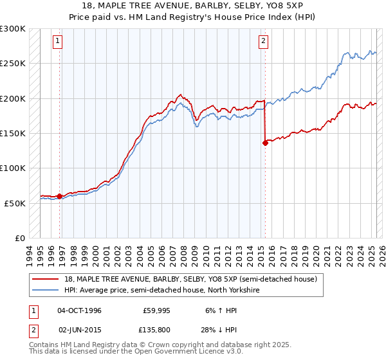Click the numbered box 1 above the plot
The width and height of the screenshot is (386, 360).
(58, 41)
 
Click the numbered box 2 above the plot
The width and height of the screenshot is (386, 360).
(264, 41)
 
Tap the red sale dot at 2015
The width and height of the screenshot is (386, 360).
(265, 143)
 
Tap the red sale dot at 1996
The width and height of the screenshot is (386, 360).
(60, 196)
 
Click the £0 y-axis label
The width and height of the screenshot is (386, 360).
(19, 238)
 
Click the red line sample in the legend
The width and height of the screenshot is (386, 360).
(46, 280)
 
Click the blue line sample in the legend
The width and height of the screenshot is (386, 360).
(46, 289)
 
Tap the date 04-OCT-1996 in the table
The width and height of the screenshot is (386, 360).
(79, 310)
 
